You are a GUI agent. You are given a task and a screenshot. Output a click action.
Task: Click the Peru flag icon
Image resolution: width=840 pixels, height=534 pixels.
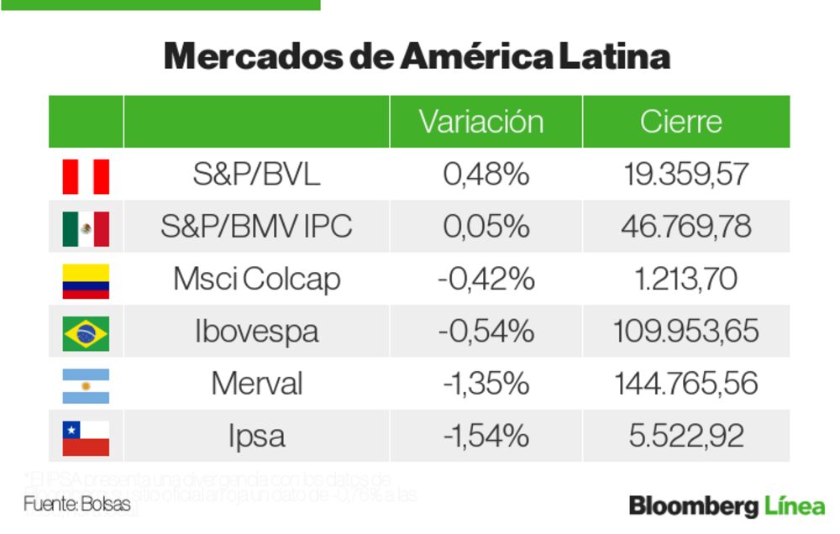(86, 175)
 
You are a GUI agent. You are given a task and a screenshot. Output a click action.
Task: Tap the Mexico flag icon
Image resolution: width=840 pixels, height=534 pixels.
(86, 228)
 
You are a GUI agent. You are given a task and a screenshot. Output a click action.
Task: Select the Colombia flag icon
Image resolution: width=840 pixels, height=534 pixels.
(86, 280)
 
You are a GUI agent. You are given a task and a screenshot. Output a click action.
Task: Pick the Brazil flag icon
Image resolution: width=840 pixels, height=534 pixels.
(86, 332)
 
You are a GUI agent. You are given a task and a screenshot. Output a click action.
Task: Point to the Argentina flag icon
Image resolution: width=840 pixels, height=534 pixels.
(86, 385)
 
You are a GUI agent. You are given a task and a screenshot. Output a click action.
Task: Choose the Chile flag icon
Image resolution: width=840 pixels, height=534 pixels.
(86, 437)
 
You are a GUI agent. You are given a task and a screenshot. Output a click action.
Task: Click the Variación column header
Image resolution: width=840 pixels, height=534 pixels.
(481, 122)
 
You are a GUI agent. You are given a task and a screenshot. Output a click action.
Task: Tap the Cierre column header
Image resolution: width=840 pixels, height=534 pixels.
(680, 122)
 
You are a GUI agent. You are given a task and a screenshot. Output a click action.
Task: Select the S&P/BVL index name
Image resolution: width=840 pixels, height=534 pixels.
(256, 175)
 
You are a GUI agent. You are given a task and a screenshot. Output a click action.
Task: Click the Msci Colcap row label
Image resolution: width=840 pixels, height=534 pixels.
(256, 280)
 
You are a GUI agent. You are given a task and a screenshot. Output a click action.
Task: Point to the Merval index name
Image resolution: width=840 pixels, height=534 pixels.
(256, 385)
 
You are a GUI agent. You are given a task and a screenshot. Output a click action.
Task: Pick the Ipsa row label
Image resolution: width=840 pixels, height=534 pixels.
(256, 437)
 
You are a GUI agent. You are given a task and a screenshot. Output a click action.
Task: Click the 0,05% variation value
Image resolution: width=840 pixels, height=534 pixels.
(486, 228)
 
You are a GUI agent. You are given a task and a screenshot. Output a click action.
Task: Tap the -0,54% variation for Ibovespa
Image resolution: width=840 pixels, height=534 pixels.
(486, 332)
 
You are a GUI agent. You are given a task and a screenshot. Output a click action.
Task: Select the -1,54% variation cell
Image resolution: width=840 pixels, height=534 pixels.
(486, 437)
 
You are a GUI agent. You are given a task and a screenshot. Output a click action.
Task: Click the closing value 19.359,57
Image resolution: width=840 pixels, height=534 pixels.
(686, 175)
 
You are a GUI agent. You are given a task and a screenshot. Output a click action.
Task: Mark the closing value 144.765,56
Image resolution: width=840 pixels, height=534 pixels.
(686, 385)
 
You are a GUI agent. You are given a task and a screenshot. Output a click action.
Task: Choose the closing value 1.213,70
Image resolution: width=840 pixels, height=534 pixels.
(686, 280)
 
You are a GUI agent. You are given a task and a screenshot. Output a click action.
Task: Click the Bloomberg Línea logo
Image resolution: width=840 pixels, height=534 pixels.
(727, 506)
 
